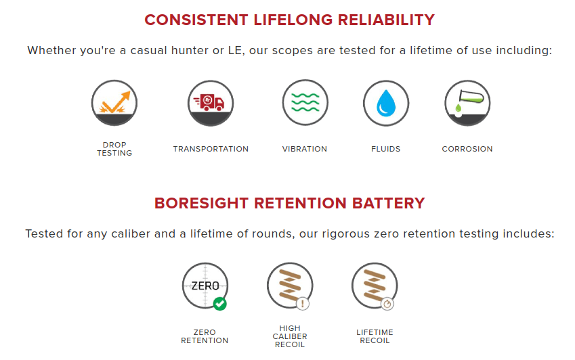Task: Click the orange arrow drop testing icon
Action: tap(114, 103)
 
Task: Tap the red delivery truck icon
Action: tap(211, 103)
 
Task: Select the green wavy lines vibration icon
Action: tap(305, 103)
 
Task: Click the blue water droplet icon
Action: tap(386, 103)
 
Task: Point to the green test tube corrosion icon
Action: tap(467, 103)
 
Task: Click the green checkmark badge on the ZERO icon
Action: tap(219, 304)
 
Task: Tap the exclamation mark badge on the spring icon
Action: tap(303, 304)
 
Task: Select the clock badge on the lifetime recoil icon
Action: tap(387, 304)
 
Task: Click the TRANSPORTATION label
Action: tap(211, 149)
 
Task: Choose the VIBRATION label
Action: tap(305, 149)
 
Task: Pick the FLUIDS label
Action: tap(386, 149)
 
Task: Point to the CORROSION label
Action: tap(467, 149)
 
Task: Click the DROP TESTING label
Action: tap(114, 149)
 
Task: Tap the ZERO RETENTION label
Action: tap(205, 336)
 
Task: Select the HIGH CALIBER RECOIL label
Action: tap(290, 336)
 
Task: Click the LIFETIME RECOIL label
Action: tap(375, 336)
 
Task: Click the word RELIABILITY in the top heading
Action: tap(386, 20)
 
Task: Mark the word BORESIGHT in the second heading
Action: tap(200, 203)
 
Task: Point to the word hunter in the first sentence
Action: tap(190, 50)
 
